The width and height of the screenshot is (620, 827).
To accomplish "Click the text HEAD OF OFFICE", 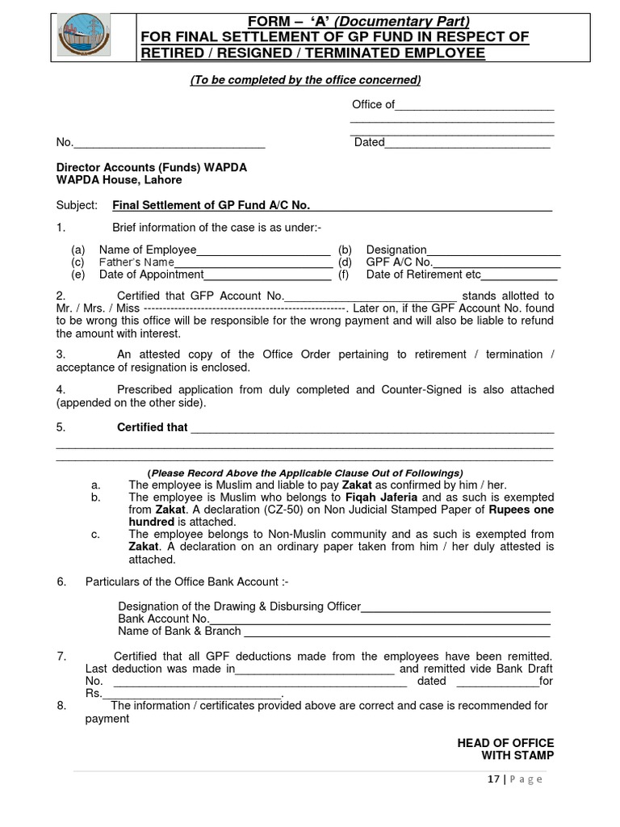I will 505,743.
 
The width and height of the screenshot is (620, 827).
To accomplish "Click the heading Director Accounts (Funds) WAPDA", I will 151,167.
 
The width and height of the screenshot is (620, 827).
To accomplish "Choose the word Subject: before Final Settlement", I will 77,206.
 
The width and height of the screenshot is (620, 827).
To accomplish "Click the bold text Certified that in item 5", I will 152,427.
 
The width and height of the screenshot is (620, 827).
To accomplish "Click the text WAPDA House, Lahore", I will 119,180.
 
